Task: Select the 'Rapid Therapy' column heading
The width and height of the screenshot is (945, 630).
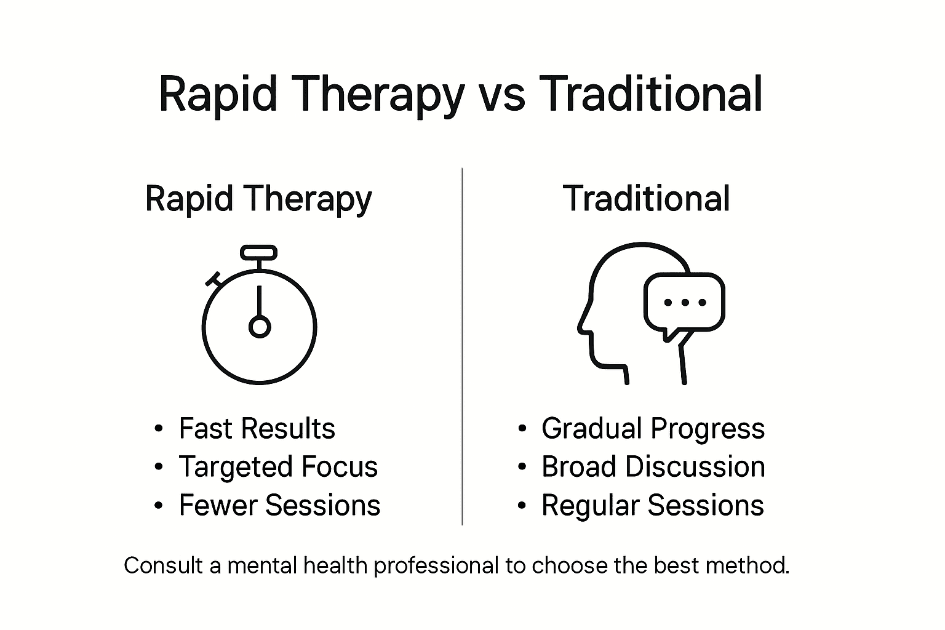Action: click(x=258, y=199)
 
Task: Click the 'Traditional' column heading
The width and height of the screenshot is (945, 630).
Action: click(x=647, y=199)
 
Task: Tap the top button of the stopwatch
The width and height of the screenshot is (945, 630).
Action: click(x=258, y=252)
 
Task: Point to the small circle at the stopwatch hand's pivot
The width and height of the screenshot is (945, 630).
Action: click(x=259, y=327)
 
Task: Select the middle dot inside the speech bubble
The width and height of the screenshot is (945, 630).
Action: click(x=684, y=303)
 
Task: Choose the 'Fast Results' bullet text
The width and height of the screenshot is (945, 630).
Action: click(x=257, y=429)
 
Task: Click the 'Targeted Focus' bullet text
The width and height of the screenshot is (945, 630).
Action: click(x=278, y=467)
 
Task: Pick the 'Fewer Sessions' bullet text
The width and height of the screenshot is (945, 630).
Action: click(x=279, y=506)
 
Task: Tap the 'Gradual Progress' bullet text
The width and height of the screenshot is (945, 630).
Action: click(x=653, y=429)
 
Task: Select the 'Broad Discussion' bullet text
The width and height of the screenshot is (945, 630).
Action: click(x=653, y=467)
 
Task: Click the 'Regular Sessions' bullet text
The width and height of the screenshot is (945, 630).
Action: click(x=652, y=506)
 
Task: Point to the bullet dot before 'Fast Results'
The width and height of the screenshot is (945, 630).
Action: click(x=159, y=429)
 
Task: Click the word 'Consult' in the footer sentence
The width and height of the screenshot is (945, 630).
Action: click(x=163, y=565)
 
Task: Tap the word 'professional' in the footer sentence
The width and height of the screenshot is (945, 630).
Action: click(x=436, y=565)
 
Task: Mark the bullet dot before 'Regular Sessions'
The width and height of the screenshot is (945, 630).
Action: click(x=522, y=506)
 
